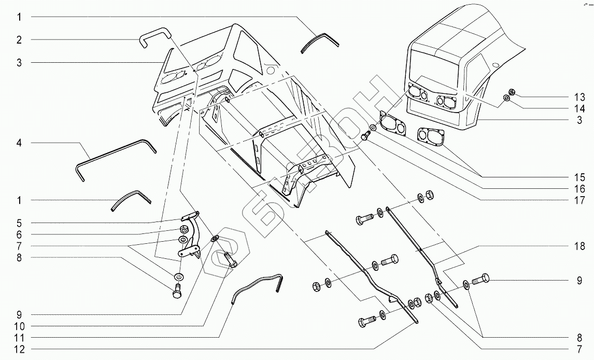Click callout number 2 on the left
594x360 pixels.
click(x=19, y=39)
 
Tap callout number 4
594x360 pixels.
click(x=19, y=142)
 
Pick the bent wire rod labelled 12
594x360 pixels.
click(x=257, y=287)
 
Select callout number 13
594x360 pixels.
click(x=579, y=97)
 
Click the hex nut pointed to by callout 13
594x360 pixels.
click(x=511, y=92)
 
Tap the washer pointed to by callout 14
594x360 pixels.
click(x=506, y=98)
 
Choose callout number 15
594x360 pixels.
click(x=579, y=177)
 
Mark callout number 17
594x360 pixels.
click(x=579, y=200)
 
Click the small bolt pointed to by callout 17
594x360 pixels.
click(x=365, y=136)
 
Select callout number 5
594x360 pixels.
click(x=19, y=223)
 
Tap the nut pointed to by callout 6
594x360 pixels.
click(x=184, y=230)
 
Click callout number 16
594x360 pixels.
click(x=579, y=189)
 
